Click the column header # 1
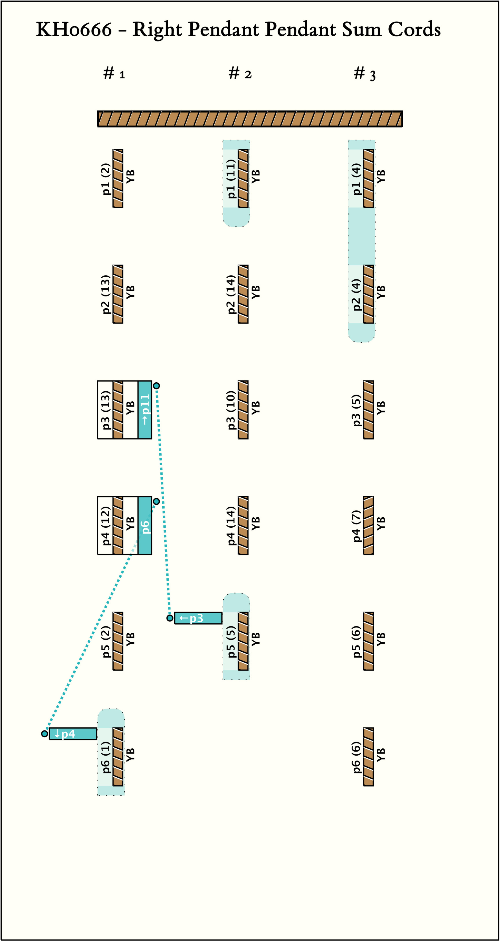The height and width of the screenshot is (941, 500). coord(114,73)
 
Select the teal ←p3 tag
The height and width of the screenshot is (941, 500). coord(198,618)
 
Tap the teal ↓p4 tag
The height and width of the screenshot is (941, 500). coord(73,733)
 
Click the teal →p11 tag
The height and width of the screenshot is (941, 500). coord(145,409)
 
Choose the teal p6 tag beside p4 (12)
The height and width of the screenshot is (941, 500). coord(145,525)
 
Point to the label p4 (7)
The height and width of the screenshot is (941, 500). coord(356,525)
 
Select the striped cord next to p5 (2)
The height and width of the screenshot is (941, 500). coord(118,641)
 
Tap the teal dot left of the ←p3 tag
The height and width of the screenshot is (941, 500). coord(170,618)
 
